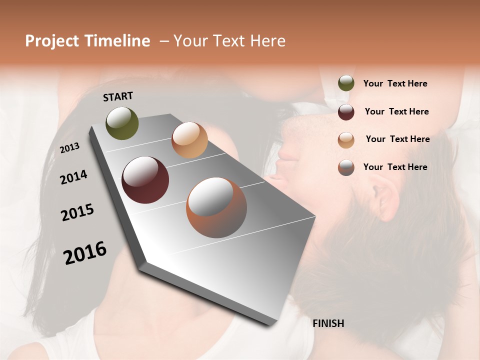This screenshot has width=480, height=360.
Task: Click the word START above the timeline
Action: click(118, 96)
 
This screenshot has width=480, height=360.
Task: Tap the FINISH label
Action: click(328, 323)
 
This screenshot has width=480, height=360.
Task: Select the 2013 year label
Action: click(70, 148)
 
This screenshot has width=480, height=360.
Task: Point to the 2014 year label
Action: click(73, 177)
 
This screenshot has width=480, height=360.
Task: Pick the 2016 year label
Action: click(85, 252)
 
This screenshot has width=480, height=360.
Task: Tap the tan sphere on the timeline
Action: click(189, 140)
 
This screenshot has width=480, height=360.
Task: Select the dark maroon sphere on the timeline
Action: click(145, 180)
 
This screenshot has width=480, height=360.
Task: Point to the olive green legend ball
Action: click(346, 83)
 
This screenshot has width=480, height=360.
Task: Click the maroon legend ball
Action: click(346, 112)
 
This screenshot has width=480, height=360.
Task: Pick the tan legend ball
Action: click(346, 140)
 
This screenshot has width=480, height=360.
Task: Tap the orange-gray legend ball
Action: click(346, 167)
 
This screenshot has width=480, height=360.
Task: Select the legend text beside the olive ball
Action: click(395, 83)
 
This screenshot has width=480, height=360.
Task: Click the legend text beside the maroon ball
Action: click(396, 111)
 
